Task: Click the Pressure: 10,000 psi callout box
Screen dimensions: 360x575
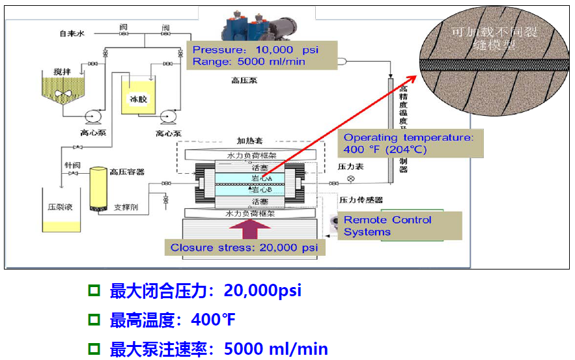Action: click(x=262, y=55)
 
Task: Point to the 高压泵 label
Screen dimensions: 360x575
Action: click(x=244, y=81)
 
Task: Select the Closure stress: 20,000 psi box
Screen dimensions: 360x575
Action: click(x=244, y=248)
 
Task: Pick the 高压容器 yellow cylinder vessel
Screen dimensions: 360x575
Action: click(x=99, y=188)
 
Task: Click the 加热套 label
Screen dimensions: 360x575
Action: click(x=248, y=140)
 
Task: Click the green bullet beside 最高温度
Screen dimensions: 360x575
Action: click(x=93, y=320)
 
